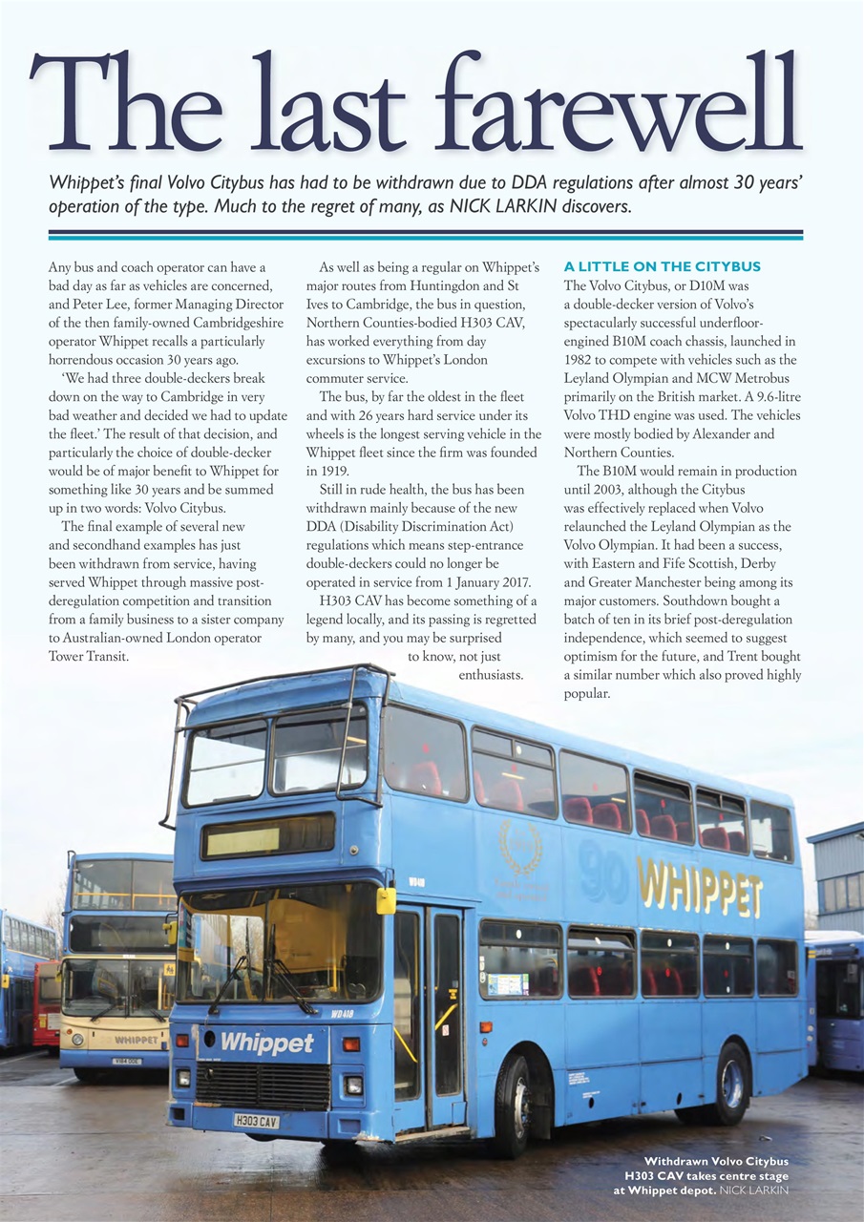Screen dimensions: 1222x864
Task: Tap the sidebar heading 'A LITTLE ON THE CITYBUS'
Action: [x=662, y=265]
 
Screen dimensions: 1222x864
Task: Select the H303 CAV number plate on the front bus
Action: [x=256, y=1121]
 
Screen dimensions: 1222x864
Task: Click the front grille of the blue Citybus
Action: [x=263, y=1085]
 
